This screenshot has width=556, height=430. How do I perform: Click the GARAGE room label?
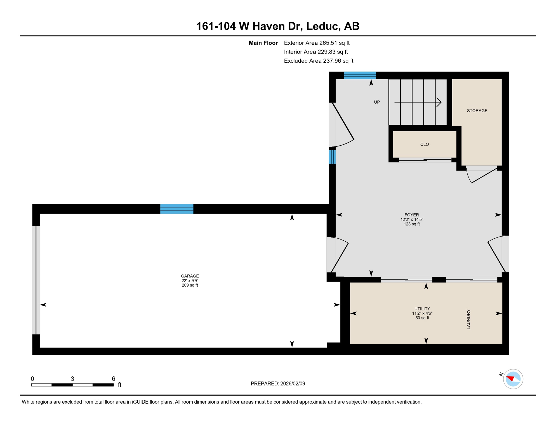point(190,276)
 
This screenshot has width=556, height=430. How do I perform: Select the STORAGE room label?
point(477,111)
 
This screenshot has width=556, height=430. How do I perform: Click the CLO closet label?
point(424,144)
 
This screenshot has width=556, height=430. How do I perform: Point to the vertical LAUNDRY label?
point(468,319)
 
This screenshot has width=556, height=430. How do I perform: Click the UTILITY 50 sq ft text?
point(422,318)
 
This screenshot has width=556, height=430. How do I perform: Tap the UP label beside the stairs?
point(377,102)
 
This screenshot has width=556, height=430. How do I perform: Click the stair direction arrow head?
point(439,102)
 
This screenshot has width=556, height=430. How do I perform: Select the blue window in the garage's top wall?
point(176,209)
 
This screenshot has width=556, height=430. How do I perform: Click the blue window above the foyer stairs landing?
point(360,75)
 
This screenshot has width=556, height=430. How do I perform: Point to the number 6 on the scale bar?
point(113,379)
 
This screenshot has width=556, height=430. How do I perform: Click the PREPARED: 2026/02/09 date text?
point(278,384)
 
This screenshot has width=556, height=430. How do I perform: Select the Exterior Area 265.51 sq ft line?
point(317,43)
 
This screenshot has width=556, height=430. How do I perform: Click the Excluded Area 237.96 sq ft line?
point(319,61)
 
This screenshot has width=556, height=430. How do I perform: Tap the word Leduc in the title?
point(323,26)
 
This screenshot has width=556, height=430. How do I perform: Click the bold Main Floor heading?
point(263,43)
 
